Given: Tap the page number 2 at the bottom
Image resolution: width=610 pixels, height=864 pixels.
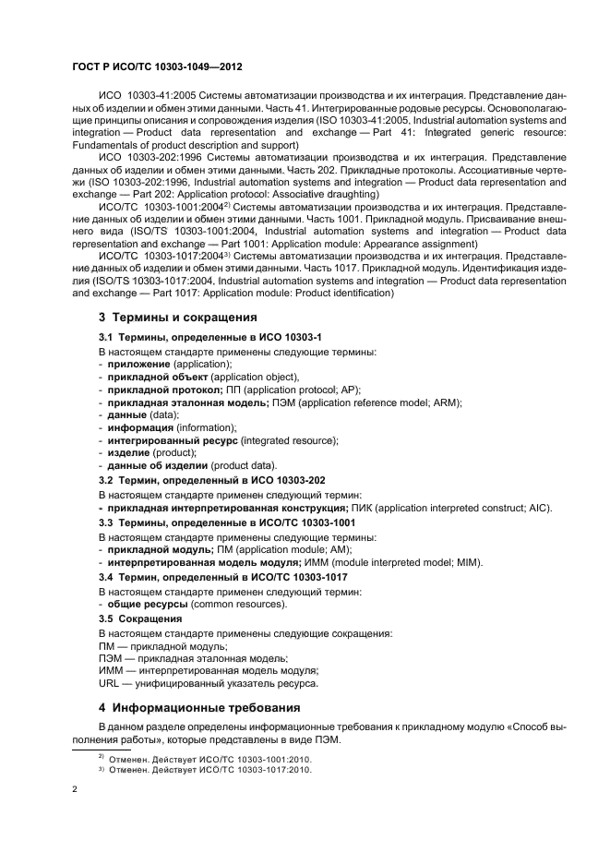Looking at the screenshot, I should coord(75,789).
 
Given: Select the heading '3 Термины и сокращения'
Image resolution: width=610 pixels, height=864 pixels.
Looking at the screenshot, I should coord(165,318).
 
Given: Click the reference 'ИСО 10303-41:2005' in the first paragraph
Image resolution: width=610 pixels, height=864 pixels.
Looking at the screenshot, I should coord(153,96).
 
